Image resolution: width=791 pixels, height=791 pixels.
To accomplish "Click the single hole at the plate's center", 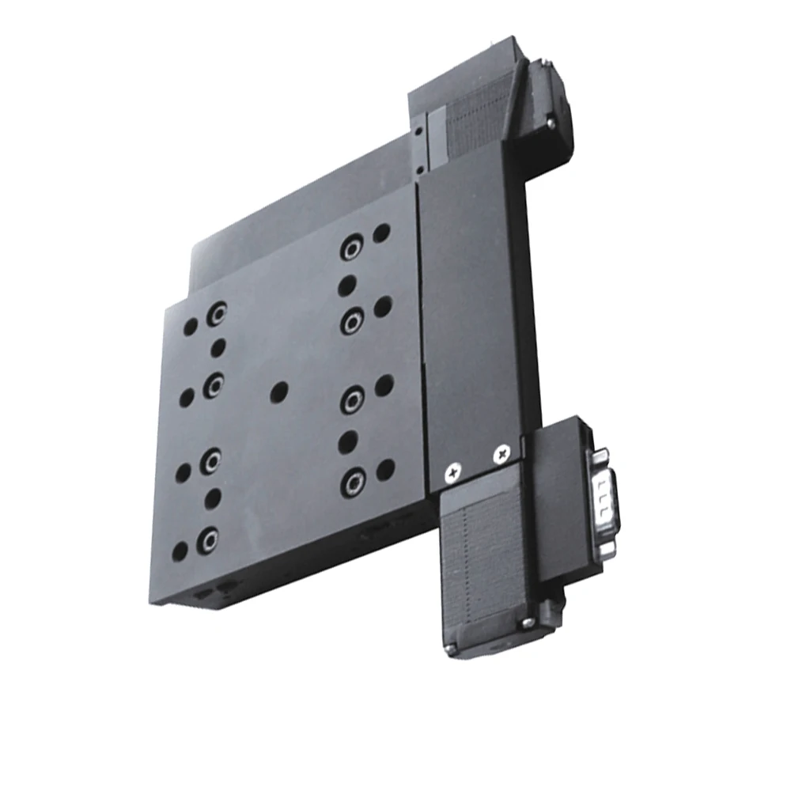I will coord(279,391).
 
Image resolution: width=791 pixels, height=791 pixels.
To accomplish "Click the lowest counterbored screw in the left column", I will coord(207,540).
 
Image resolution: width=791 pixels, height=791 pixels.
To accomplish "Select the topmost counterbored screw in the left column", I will coord(216,316).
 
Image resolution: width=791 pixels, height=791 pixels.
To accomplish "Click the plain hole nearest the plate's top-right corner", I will coord(381,233).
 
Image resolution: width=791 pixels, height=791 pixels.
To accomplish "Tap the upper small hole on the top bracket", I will coord(417,125).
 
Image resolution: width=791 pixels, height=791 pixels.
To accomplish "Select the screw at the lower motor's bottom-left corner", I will coord(450,649).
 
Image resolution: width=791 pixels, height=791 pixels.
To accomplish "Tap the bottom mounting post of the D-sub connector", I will coord(607,548).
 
